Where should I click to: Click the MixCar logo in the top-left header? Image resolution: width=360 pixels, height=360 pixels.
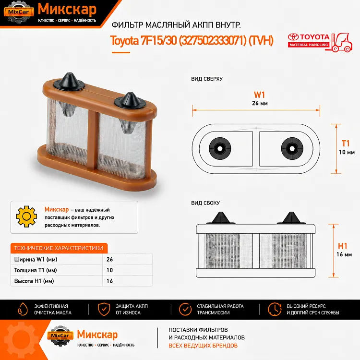point(19,12)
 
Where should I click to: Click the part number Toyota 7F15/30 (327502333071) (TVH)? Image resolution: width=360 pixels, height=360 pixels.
point(192,41)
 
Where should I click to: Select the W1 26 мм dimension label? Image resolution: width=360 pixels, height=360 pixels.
point(260,98)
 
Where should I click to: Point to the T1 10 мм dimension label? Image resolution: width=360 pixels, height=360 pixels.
point(347,147)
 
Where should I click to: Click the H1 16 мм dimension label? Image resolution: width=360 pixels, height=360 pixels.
point(344,250)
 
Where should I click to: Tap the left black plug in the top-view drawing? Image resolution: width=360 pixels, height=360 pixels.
point(220,148)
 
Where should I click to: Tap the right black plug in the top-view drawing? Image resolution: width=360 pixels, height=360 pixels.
point(292,148)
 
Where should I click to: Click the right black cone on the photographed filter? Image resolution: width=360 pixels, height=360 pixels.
point(130,101)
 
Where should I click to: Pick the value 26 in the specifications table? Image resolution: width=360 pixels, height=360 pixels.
point(109,259)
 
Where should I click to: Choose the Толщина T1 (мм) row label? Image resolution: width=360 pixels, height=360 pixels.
point(36,270)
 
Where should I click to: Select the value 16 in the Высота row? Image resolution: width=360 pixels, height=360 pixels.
point(109,281)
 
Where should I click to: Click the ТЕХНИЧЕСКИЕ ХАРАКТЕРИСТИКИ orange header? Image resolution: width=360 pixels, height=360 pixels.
point(59,248)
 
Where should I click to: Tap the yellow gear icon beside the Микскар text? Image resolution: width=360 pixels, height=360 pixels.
point(26,216)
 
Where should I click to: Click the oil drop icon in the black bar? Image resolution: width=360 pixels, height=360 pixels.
point(23,309)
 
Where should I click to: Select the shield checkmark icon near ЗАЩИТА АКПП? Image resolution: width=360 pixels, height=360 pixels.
point(104,309)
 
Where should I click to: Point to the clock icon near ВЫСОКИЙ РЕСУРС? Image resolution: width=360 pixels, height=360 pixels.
point(275,309)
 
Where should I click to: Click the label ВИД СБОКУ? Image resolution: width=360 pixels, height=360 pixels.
point(205,203)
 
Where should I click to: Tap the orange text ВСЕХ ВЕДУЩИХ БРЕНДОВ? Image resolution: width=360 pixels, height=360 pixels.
point(203,346)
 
